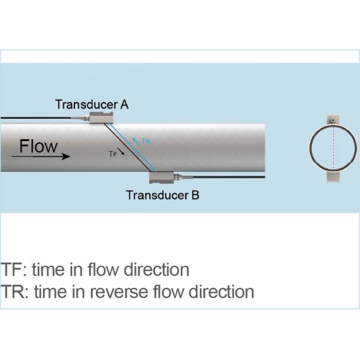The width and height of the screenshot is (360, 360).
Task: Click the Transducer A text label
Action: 91,104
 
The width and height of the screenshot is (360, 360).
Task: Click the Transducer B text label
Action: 163,194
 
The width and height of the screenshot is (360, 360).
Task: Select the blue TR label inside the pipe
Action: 145,142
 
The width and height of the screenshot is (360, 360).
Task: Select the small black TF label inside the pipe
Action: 112,154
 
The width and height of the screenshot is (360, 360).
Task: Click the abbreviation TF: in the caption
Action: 12,269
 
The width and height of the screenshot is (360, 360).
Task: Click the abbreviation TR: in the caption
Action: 13,292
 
